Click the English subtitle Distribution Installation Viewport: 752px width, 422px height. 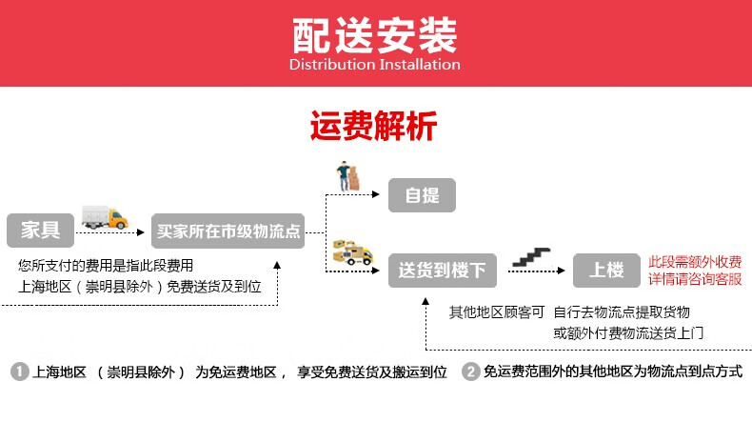pyautogui.click(x=375, y=65)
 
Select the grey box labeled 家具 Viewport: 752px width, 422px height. pyautogui.click(x=41, y=230)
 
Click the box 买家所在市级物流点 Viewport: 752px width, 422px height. pyautogui.click(x=228, y=231)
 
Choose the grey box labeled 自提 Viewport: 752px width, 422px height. pyautogui.click(x=422, y=195)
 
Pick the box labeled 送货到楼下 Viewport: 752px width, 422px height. pyautogui.click(x=441, y=271)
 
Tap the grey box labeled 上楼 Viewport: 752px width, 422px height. pyautogui.click(x=606, y=271)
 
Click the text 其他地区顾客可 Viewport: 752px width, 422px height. pyautogui.click(x=496, y=312)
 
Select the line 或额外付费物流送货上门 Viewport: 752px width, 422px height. pyautogui.click(x=628, y=333)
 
